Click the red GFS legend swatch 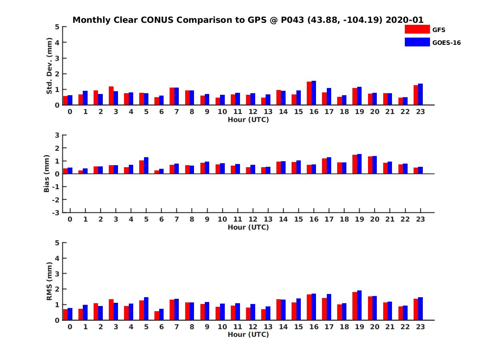click(x=417, y=29)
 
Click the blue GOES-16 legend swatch click(x=417, y=42)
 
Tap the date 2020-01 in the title click(x=404, y=20)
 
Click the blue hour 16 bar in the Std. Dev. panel click(x=314, y=93)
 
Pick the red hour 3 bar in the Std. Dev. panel click(x=111, y=96)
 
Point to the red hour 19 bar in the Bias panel click(x=355, y=164)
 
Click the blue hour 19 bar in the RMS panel click(x=359, y=305)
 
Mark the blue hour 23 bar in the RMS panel click(x=420, y=309)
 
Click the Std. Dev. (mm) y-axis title click(x=50, y=66)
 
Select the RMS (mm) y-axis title click(x=50, y=281)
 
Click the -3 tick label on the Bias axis click(x=56, y=212)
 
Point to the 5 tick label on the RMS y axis click(x=58, y=242)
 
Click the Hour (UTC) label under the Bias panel click(x=248, y=227)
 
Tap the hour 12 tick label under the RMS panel click(x=253, y=326)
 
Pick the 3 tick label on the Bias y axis click(x=58, y=135)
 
